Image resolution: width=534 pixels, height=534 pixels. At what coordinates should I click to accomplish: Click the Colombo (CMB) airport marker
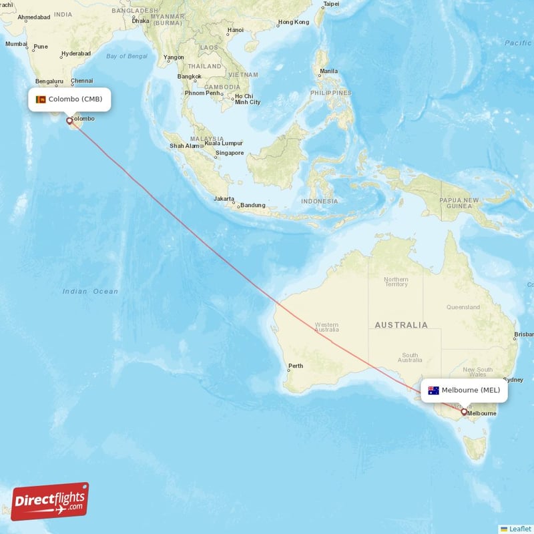tap(69, 121)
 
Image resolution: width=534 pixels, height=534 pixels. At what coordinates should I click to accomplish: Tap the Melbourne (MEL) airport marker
tap(464, 412)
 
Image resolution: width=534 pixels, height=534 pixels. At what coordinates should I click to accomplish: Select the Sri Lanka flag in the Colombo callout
tap(41, 99)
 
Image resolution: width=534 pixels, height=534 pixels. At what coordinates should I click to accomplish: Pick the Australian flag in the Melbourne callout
tap(433, 390)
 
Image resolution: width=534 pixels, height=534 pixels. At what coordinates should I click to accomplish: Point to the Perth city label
tap(295, 366)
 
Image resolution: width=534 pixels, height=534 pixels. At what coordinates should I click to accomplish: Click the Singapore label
tap(229, 153)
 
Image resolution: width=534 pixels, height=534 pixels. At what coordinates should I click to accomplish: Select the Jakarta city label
tap(224, 199)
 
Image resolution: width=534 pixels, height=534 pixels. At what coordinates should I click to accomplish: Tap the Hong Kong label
tap(294, 22)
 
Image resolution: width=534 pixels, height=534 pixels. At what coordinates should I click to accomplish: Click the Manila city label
tap(328, 71)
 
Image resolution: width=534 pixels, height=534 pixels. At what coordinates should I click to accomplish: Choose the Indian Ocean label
tap(90, 291)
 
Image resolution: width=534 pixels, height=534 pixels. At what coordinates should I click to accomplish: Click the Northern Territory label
tap(396, 282)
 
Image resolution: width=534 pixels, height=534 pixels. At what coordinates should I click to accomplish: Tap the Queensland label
tap(463, 307)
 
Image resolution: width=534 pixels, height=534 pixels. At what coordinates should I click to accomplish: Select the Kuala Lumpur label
tap(224, 143)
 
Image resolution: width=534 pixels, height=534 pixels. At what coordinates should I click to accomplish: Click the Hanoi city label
tap(235, 30)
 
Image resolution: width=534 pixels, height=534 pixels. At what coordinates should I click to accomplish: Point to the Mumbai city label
tap(16, 44)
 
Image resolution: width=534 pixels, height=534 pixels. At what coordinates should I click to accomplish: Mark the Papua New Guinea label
tap(459, 203)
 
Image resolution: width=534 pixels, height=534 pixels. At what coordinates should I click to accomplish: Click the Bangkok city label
tap(189, 76)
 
